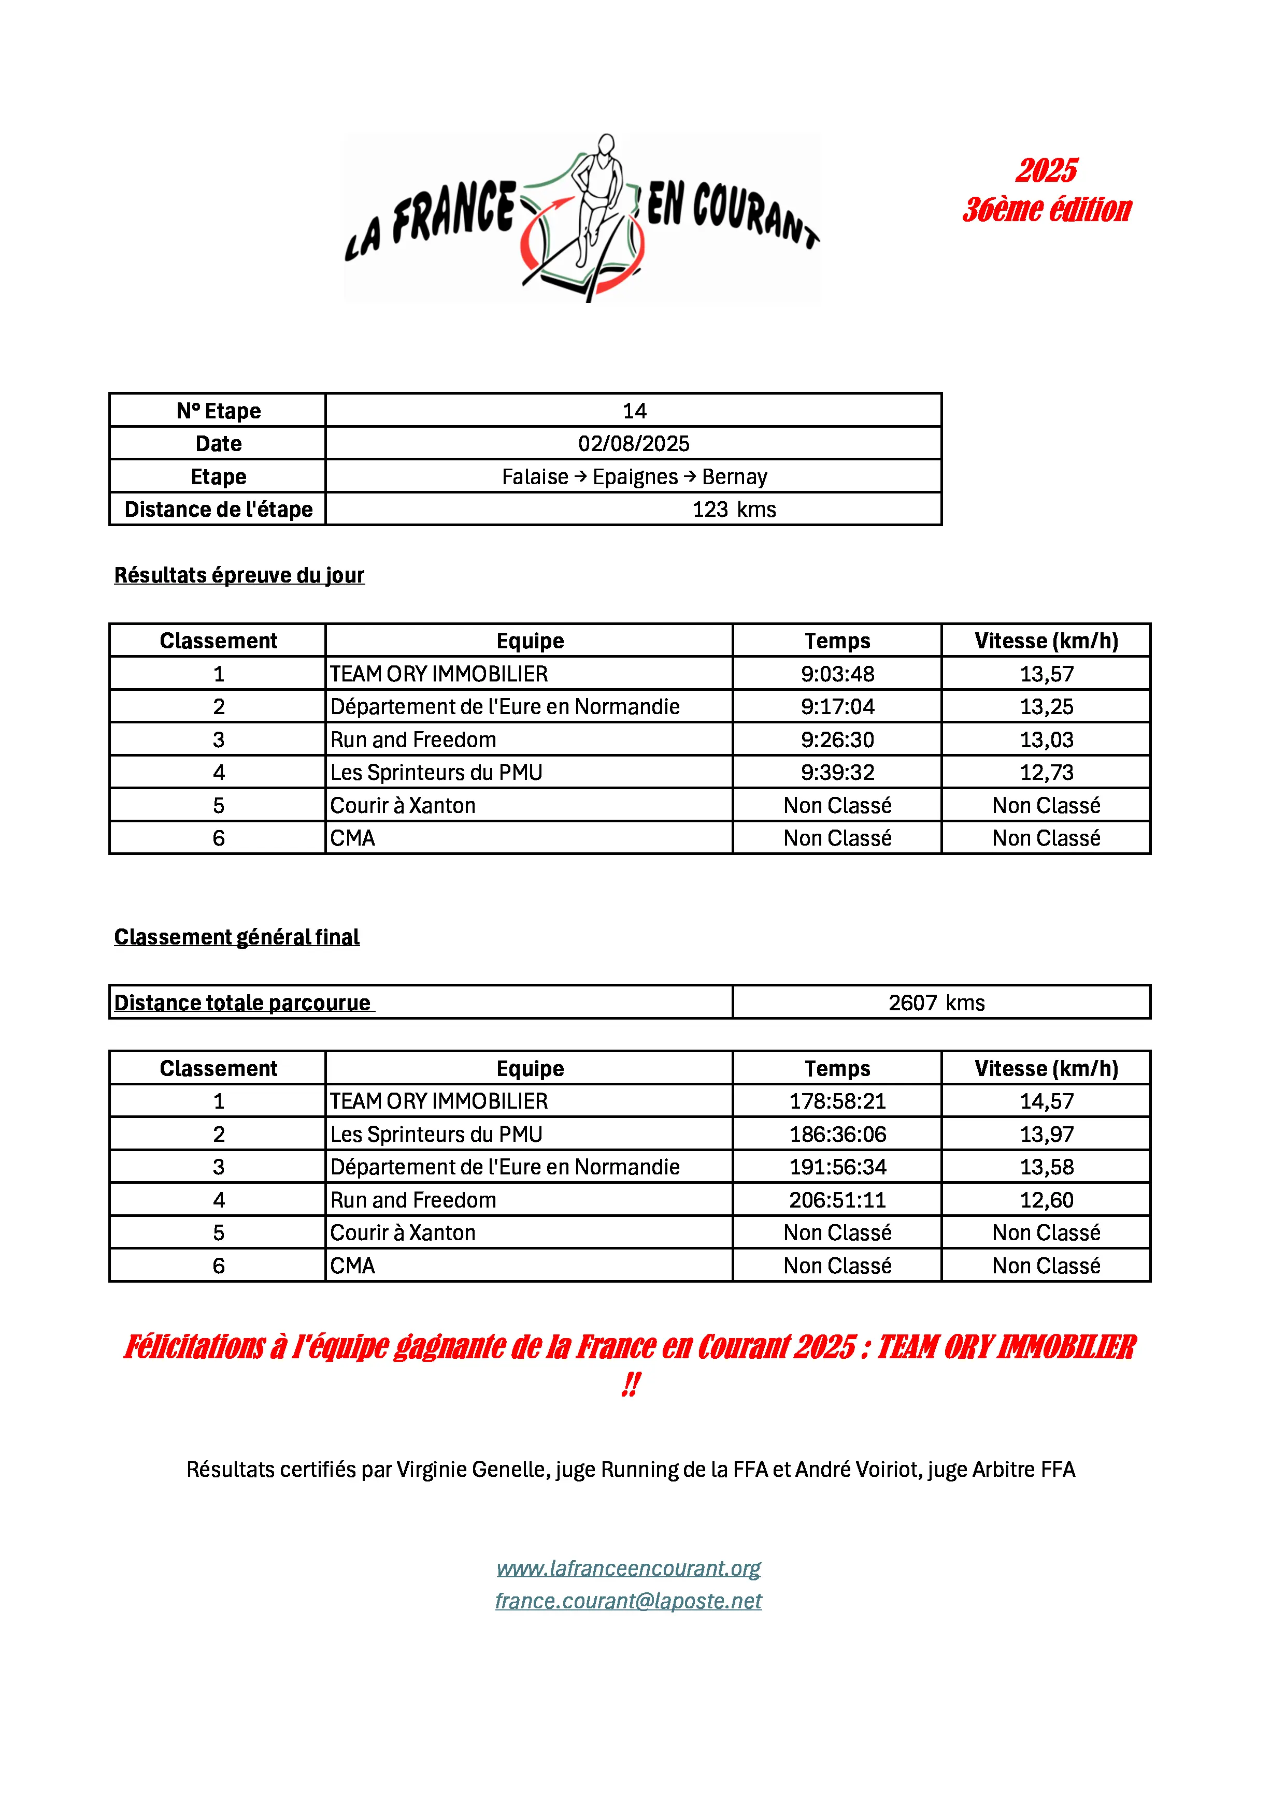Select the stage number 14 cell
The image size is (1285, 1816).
click(x=634, y=411)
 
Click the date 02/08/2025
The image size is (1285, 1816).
click(x=634, y=444)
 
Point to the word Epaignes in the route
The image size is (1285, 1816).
click(x=635, y=477)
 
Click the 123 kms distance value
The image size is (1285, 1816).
click(x=734, y=510)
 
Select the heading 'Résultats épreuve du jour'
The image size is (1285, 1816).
click(x=239, y=575)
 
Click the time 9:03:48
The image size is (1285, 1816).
click(x=837, y=674)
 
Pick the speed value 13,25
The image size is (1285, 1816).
click(x=1046, y=706)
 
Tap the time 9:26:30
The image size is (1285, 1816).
click(x=837, y=739)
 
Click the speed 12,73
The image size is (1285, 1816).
click(x=1046, y=772)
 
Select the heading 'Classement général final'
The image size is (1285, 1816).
click(x=237, y=937)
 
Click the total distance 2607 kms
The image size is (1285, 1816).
click(x=936, y=1003)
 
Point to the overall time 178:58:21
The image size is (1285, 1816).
click(x=837, y=1101)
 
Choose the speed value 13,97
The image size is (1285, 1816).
click(x=1046, y=1134)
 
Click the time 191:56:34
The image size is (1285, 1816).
click(x=837, y=1167)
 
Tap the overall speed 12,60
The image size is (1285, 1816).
click(x=1046, y=1200)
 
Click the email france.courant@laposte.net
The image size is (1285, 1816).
click(x=629, y=1601)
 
